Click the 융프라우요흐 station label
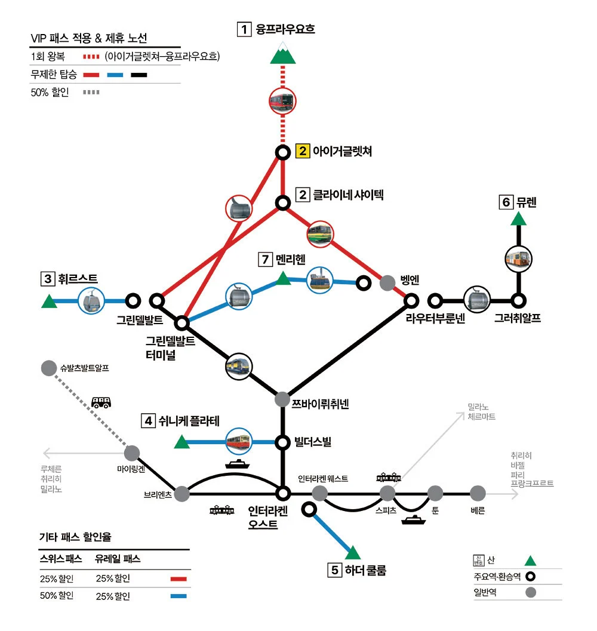coord(285,29)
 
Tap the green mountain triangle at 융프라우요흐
coord(283,55)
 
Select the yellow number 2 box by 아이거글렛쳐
coord(303,151)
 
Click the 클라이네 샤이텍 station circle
coord(282,202)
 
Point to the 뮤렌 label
coord(527,202)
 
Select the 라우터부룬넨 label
coord(435,319)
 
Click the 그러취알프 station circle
coord(519,300)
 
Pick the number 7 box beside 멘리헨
coord(265,260)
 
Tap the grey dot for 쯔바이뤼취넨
coord(282,399)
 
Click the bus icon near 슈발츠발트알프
coord(101,402)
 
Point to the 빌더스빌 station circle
coord(282,442)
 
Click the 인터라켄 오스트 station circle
coord(282,493)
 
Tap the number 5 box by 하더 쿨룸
coord(335,570)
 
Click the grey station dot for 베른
coord(478,493)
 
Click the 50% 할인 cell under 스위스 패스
coord(56,596)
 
